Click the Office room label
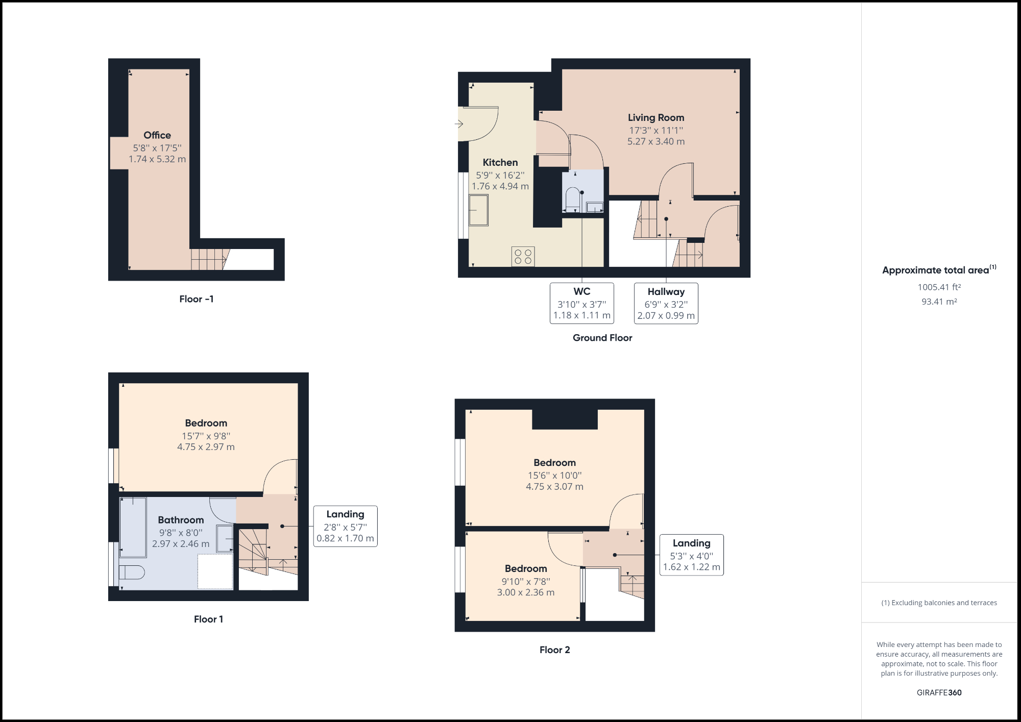tap(157, 135)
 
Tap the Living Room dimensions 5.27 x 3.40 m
tap(656, 142)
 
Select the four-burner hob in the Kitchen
tap(523, 257)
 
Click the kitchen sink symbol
tap(479, 210)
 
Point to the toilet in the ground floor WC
tap(573, 200)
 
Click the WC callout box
tap(582, 303)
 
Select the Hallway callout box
tap(666, 303)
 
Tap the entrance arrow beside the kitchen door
tap(458, 124)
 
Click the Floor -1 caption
tap(197, 299)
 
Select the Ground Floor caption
tap(602, 338)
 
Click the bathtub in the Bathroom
tap(133, 528)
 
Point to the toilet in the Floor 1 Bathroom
tap(132, 572)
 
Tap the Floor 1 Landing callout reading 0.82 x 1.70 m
tap(345, 526)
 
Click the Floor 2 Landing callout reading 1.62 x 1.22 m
tap(691, 555)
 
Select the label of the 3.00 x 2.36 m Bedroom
tap(526, 568)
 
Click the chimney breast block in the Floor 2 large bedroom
tap(565, 419)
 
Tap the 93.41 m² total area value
tap(939, 302)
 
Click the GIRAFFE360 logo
tap(939, 692)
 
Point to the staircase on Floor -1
tap(208, 259)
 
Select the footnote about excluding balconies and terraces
tap(939, 603)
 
